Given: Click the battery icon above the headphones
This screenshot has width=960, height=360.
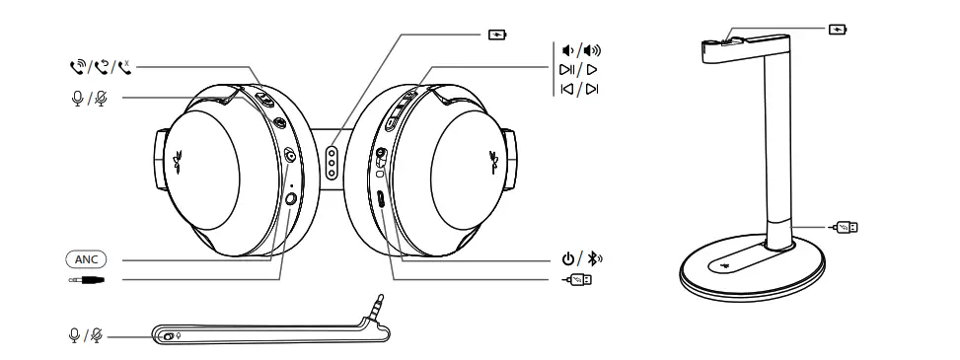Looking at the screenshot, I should click(497, 35).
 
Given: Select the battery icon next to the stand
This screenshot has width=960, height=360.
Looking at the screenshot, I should click(840, 30).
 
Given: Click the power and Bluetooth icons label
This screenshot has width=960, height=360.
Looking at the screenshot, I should click(577, 260).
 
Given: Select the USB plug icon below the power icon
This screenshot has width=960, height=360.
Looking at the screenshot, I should click(578, 280).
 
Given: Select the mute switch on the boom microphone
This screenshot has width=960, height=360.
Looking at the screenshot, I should click(170, 336).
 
